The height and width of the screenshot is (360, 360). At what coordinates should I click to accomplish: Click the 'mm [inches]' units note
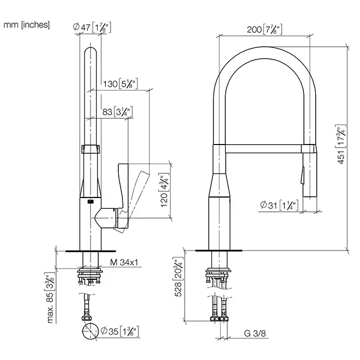pyautogui.click(x=27, y=25)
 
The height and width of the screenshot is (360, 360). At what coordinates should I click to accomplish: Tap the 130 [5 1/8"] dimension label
pyautogui.click(x=120, y=84)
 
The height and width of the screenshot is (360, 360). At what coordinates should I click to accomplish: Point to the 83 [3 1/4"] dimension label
pyautogui.click(x=117, y=112)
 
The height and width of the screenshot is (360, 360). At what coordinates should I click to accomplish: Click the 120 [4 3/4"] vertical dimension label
pyautogui.click(x=165, y=190)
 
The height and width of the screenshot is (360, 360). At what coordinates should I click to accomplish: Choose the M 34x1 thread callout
pyautogui.click(x=124, y=262)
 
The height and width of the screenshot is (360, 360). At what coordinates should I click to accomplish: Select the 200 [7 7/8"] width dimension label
pyautogui.click(x=264, y=29)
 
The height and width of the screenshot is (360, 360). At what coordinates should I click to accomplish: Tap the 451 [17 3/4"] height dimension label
pyautogui.click(x=341, y=145)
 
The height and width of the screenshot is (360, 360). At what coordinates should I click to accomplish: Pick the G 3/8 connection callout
pyautogui.click(x=255, y=333)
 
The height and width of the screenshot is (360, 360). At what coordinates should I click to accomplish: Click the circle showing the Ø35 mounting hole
pyautogui.click(x=90, y=331)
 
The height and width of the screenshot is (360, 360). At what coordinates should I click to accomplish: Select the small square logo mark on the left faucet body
pyautogui.click(x=90, y=202)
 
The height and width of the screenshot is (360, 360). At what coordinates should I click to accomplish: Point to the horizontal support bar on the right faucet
pyautogui.click(x=263, y=149)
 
